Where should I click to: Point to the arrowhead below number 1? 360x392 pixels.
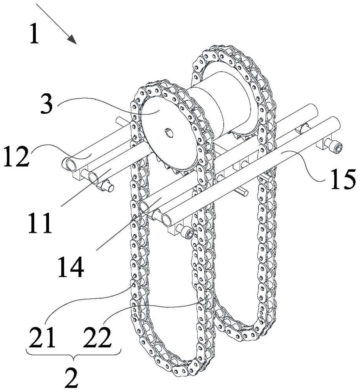[x=72, y=39]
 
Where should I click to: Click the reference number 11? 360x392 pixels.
[x=40, y=223]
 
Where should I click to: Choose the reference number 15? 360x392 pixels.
[x=343, y=179]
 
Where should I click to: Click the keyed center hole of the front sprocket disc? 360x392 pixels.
[x=169, y=132]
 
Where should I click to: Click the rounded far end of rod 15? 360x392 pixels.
[x=337, y=122]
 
